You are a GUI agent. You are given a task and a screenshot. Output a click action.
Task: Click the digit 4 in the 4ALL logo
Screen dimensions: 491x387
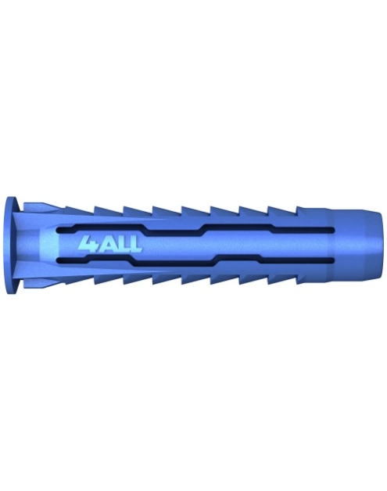pos(87,243)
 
